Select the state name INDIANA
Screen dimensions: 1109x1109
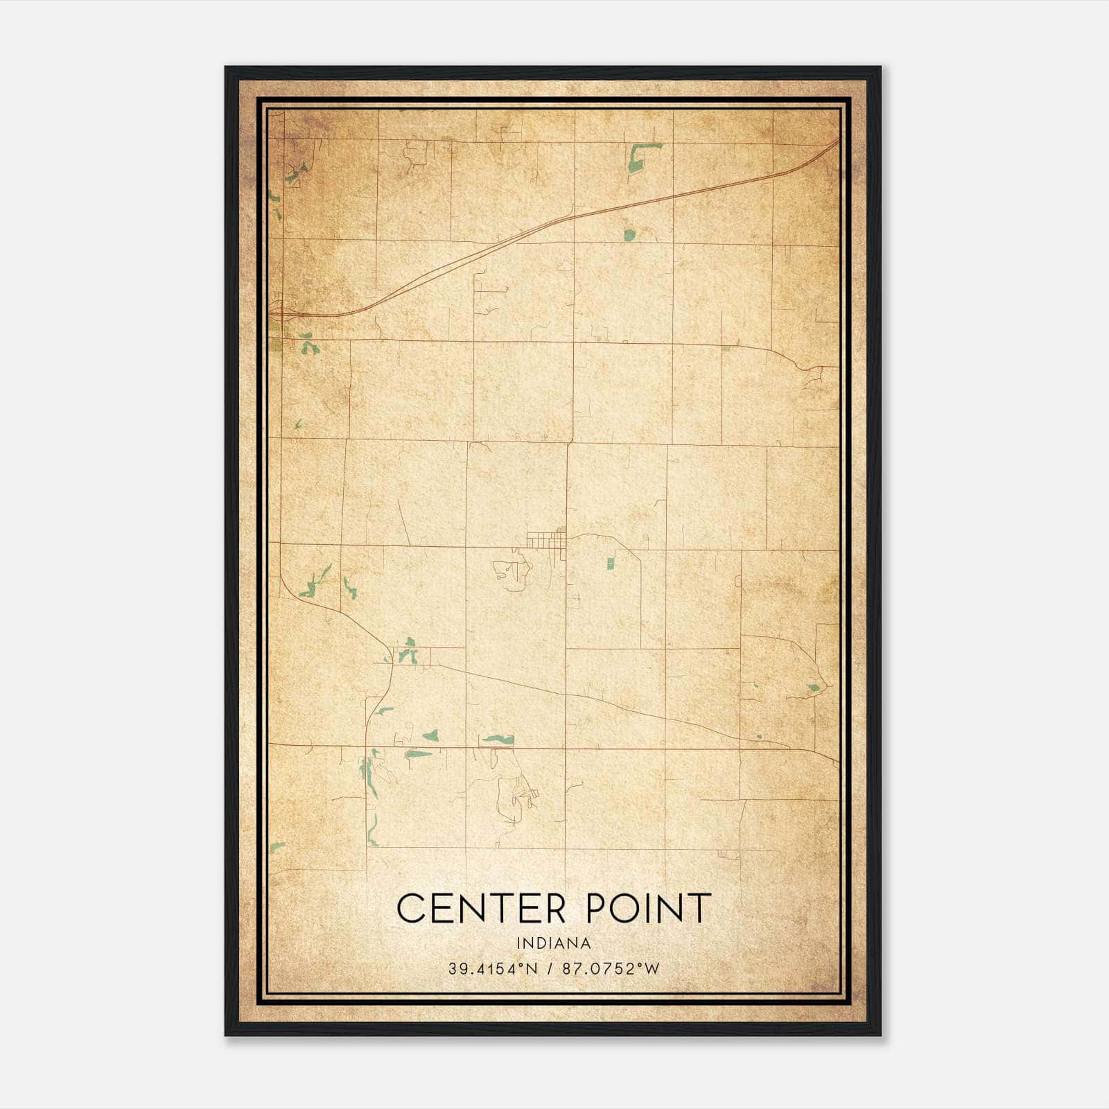pyautogui.click(x=554, y=943)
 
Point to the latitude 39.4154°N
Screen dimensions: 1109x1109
pyautogui.click(x=492, y=968)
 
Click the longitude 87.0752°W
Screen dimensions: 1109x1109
pyautogui.click(x=611, y=968)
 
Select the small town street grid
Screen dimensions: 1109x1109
pyautogui.click(x=545, y=539)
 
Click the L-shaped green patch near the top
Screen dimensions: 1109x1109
pyautogui.click(x=639, y=157)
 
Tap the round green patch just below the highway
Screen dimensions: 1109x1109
pyautogui.click(x=629, y=234)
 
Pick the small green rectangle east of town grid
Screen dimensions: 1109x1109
pyautogui.click(x=611, y=564)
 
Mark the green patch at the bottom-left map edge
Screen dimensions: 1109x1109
pyautogui.click(x=277, y=847)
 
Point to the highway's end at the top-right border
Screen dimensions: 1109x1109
pyautogui.click(x=835, y=142)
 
